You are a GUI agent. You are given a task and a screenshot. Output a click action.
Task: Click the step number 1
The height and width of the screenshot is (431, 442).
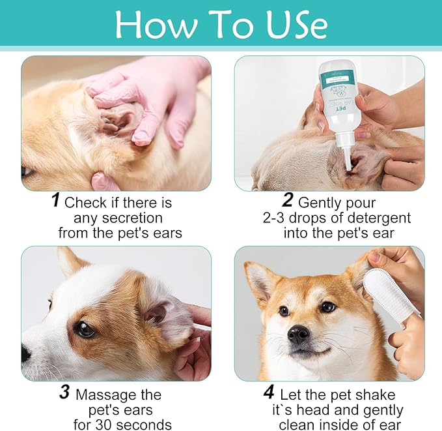tap(56, 200)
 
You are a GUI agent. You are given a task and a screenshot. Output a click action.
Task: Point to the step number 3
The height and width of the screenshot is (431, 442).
tap(63, 393)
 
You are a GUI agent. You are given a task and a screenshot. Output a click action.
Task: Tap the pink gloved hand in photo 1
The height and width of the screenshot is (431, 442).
tap(153, 98)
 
